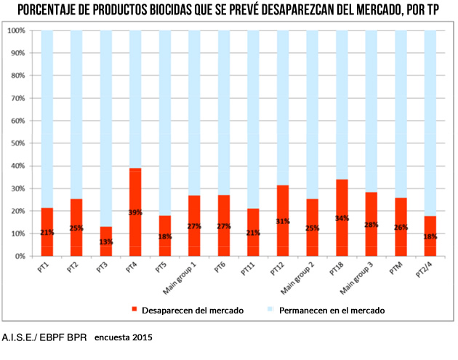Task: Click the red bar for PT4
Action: (x=135, y=212)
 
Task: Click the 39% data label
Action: (x=135, y=212)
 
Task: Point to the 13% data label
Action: (x=106, y=242)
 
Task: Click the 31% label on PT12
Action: (x=283, y=221)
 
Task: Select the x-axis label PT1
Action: (x=46, y=268)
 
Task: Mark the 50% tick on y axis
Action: (x=17, y=143)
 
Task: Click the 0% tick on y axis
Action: (x=20, y=256)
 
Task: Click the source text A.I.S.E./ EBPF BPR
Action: (x=44, y=337)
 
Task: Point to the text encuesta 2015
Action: (x=124, y=337)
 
